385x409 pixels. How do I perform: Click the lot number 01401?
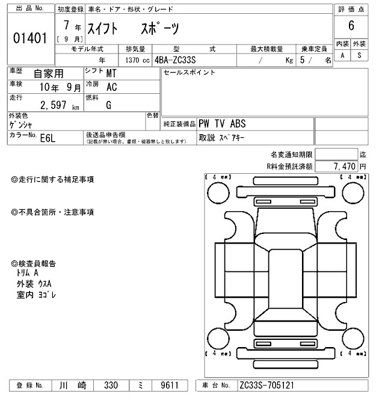29,38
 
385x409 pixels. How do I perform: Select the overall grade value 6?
350,26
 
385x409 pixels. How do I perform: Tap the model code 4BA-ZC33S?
180,60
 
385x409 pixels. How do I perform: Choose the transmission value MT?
111,73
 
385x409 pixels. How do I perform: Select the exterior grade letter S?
359,55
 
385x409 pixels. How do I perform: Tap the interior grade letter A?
342,55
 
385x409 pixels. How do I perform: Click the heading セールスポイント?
189,73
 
